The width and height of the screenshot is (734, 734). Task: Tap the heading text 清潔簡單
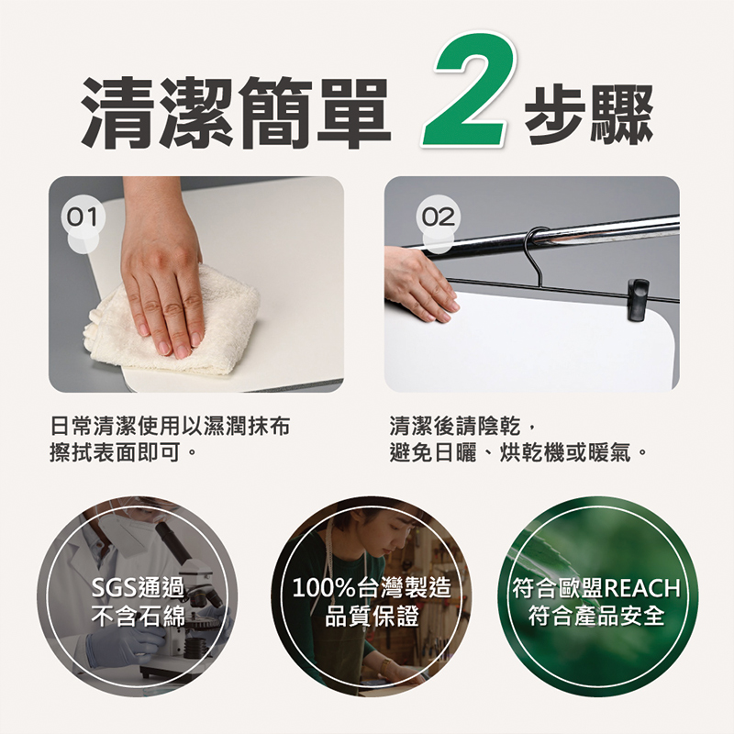coord(237,111)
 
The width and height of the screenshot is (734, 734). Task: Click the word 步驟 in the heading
coord(588,114)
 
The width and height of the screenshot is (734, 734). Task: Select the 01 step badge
coord(83,217)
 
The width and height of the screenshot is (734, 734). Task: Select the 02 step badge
coord(439,217)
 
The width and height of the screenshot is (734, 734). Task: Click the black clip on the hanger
coord(639,300)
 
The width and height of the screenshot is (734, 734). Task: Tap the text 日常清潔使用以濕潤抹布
coord(170,427)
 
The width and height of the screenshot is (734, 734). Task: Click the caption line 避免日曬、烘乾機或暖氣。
coord(518,452)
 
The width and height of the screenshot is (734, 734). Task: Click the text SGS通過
coord(139,588)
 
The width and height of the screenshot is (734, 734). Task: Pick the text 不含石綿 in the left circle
coord(139,617)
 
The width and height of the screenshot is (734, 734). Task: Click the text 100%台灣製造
coord(372,588)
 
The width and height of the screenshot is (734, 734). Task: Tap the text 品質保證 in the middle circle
coord(372,617)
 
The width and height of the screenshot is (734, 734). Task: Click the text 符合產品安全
coord(596,617)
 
